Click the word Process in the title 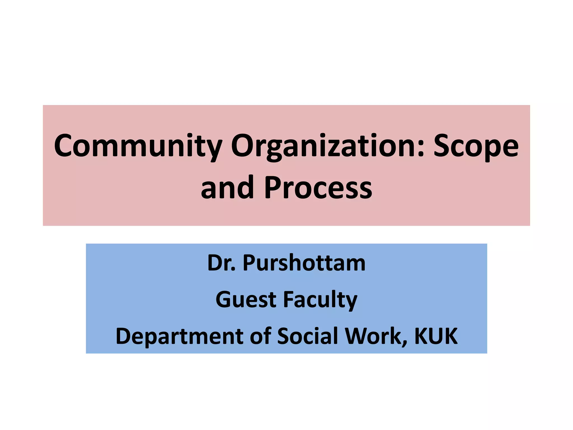318,188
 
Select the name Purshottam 304,263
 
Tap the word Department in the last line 179,336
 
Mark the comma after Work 405,343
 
